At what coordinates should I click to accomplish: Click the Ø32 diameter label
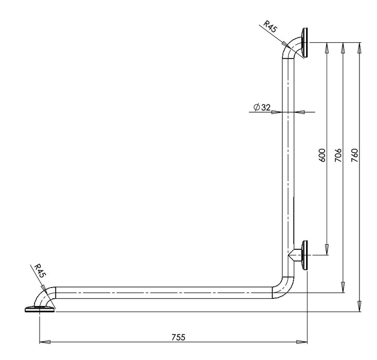click(262, 107)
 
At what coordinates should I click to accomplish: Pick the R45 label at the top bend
click(270, 27)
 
